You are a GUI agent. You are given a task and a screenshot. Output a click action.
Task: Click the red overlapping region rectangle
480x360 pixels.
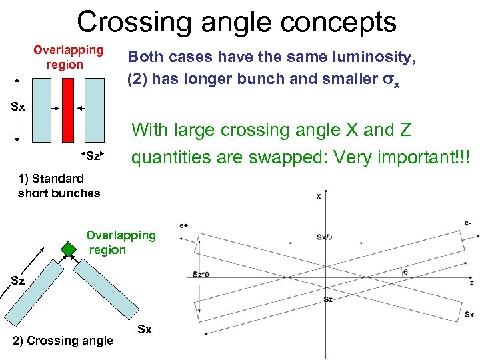(x=67, y=110)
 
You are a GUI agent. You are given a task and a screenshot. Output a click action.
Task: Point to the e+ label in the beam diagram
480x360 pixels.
(x=183, y=226)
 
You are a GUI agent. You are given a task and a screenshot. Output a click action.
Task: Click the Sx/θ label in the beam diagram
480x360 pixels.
(x=325, y=237)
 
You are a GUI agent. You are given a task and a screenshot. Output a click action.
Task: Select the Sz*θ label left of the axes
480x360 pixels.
(x=200, y=274)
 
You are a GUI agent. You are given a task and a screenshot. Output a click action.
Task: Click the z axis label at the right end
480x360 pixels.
(x=471, y=283)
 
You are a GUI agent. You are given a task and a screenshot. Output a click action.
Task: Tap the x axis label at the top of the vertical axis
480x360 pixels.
(x=318, y=196)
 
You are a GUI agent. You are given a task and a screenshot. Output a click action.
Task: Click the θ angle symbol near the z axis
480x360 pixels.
(x=405, y=272)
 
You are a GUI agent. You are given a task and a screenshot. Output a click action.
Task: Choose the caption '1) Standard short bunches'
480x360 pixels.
(x=59, y=186)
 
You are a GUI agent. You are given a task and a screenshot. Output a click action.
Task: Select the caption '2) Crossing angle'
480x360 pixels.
(x=63, y=341)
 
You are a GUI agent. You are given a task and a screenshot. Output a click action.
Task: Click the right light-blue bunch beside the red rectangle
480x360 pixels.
(x=93, y=110)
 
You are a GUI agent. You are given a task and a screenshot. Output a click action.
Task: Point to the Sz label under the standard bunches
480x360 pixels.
(x=93, y=157)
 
